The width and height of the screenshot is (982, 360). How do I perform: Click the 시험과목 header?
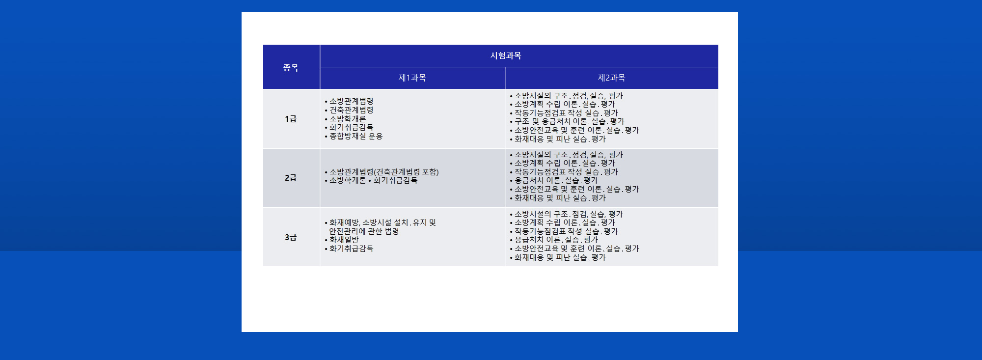506,55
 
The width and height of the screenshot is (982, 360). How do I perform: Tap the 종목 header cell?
291,67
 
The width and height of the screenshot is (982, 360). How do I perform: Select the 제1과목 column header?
412,78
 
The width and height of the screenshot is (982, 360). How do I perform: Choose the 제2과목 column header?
611,78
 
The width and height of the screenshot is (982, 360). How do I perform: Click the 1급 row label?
291,119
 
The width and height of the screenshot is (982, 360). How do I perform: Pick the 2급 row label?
291,178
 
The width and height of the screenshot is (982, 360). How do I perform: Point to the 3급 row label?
291,237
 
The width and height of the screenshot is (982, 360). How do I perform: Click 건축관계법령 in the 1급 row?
352,110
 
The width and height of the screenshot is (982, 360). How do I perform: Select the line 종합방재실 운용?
356,136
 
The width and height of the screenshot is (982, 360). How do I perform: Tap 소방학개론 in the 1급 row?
348,119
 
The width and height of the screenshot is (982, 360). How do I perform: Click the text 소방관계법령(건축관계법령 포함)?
384,172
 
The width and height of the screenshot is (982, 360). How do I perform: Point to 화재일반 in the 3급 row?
344,240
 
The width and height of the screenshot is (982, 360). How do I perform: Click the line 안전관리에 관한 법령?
364,231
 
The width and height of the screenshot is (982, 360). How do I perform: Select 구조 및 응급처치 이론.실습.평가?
570,121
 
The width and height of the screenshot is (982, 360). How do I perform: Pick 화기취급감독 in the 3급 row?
352,249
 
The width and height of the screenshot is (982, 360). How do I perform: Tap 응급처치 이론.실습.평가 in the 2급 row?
556,180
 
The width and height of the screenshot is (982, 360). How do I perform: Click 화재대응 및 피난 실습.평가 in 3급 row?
560,257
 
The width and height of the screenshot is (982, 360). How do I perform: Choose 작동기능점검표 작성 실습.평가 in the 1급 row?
567,113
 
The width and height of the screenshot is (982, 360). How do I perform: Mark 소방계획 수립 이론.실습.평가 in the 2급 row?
565,163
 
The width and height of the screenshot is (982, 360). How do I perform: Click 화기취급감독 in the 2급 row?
396,180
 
